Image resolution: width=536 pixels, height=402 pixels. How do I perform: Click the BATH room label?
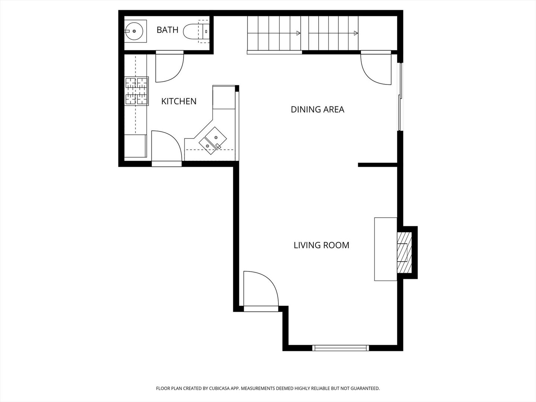tap(167, 30)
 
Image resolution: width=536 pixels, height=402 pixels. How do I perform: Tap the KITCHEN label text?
tap(179, 101)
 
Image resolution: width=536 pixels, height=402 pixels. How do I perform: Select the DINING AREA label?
tap(317, 109)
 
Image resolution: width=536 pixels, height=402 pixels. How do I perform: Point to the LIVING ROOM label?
tap(321, 245)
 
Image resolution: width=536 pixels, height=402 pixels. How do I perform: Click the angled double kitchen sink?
tap(213, 141)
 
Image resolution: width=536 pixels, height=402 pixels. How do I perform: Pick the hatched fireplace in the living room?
tap(404, 252)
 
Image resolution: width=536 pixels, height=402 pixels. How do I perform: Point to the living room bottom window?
tap(341, 348)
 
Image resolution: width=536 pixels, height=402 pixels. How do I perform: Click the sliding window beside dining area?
tap(400, 97)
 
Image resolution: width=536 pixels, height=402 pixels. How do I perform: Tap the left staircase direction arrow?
tap(298, 33)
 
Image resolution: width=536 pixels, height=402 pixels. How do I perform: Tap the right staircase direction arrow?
tap(355, 33)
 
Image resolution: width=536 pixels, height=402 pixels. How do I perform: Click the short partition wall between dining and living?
tap(377, 164)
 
